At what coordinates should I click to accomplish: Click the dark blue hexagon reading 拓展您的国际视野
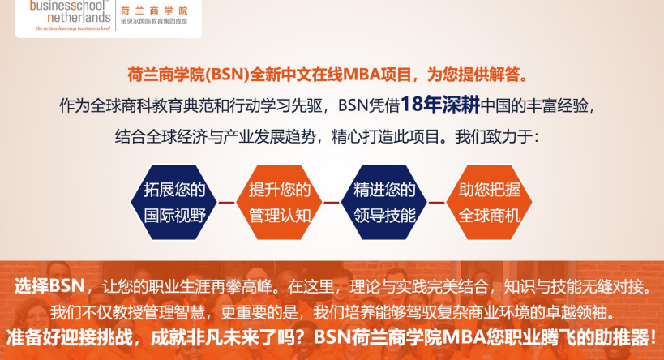coord(174,203)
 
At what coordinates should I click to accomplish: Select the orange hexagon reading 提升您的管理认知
coord(279,203)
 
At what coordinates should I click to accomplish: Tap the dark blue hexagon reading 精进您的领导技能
coord(384,203)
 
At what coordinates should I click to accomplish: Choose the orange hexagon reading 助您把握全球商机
coord(490,203)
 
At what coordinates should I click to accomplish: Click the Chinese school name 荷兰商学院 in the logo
coord(153,11)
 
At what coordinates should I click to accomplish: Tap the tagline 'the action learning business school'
coord(72,28)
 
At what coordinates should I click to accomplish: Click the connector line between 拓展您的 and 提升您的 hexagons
coord(226,203)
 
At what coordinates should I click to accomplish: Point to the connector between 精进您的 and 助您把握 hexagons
coord(437,203)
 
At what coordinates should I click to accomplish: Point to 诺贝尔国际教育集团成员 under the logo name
coord(153,21)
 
